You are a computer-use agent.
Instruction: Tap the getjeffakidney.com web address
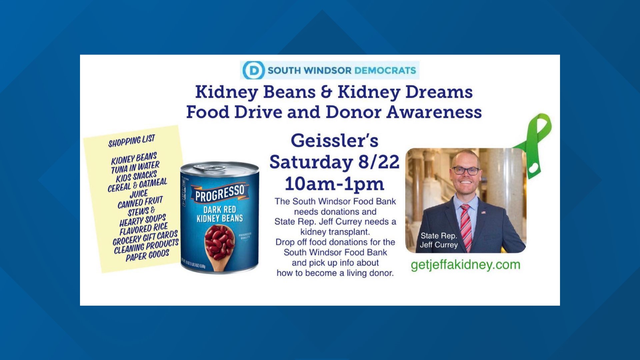coord(465,265)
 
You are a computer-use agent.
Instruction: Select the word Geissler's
coord(334,141)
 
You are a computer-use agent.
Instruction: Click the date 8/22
coord(379,162)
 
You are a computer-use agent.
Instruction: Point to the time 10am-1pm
coord(334,184)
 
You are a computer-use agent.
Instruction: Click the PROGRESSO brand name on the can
coord(220,193)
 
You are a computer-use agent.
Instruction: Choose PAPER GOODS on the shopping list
coord(147,255)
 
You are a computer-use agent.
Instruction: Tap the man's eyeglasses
coord(466,171)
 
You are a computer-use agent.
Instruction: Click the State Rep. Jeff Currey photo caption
coord(439,240)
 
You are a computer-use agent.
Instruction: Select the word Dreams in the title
coord(439,92)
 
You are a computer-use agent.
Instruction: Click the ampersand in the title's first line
coord(326,92)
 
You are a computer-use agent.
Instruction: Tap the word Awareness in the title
coord(434,112)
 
